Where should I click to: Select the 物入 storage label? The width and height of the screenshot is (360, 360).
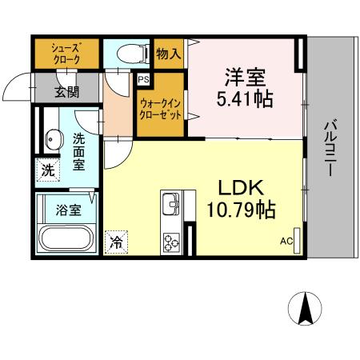point(168,54)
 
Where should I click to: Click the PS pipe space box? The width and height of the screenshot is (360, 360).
point(143,80)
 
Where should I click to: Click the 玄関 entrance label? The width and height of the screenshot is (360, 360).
point(66,90)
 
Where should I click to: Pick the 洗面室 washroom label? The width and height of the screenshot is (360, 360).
point(79,151)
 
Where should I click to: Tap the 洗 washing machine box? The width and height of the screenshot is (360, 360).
point(48,170)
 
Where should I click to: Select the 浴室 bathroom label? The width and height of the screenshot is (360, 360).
point(68,210)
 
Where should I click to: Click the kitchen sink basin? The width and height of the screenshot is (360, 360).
point(171,206)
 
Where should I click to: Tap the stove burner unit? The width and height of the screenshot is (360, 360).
point(171,239)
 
